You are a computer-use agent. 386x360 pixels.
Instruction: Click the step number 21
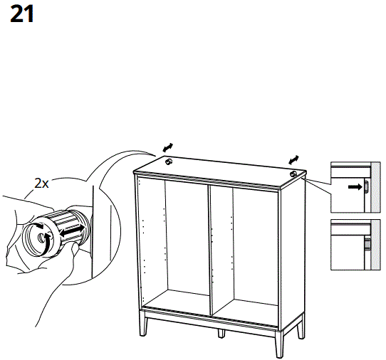tap(21, 15)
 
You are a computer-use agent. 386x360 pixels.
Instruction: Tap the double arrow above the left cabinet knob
tap(167, 147)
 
